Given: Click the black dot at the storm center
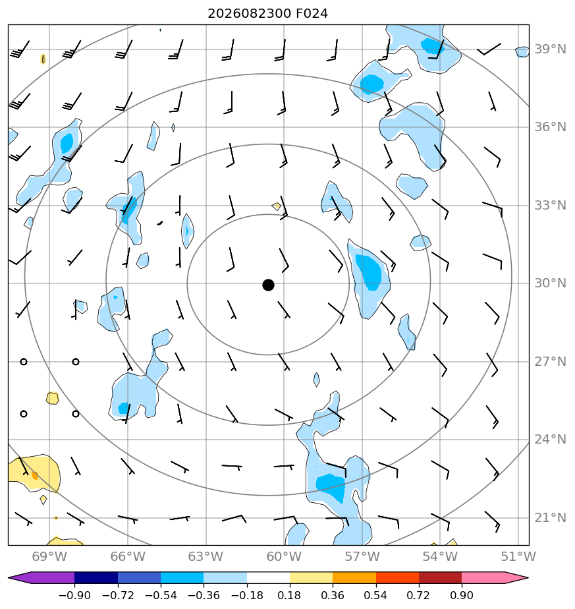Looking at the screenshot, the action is point(268,285).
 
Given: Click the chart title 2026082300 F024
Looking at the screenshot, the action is point(268,14).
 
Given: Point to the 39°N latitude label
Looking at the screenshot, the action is point(550,49).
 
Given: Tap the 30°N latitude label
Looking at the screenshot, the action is point(550,283).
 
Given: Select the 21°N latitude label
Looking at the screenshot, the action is point(550,518).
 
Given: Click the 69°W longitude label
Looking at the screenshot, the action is point(49,556).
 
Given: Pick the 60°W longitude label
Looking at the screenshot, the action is point(284,556).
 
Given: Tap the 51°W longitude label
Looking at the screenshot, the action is point(518,556).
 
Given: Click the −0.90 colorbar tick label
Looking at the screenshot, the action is point(74,595).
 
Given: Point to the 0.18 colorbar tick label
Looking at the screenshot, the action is point(289,595).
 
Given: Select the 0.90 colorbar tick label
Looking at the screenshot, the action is point(462,595).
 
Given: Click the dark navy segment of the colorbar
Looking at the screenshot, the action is point(96,577).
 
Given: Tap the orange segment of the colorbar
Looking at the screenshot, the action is point(354,577).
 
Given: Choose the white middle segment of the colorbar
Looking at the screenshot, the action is point(268,577).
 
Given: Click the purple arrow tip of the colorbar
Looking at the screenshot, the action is point(9,577).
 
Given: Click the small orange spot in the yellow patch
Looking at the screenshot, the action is point(35,475).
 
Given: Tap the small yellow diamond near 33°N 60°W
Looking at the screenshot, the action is point(277,206).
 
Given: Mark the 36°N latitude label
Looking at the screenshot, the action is point(550,127).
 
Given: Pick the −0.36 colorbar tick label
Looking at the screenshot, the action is point(204,595).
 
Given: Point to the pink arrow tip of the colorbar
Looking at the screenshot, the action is point(528,577).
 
